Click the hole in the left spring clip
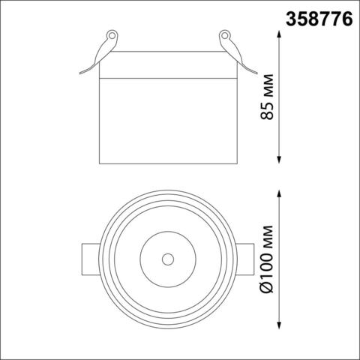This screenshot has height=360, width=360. click(112, 35)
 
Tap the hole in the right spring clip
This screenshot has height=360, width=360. click(223, 35)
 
